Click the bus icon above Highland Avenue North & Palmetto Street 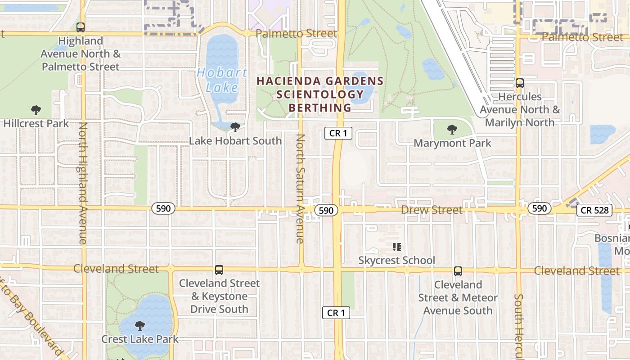81,27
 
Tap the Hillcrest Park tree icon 36,110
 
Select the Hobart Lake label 222,80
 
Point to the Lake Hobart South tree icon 235,127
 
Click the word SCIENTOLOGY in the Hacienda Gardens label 320,94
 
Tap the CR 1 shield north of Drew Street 338,133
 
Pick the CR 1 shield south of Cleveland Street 336,313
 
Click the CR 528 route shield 594,210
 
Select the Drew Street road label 432,210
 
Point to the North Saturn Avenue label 300,189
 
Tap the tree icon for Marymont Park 452,130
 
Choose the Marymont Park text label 452,144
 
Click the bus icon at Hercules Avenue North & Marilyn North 520,83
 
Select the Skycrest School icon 396,247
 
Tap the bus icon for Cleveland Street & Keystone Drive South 219,270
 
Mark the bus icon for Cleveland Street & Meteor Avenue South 458,271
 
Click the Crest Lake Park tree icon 140,325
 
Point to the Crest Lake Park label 140,339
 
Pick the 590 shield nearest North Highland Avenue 163,208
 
